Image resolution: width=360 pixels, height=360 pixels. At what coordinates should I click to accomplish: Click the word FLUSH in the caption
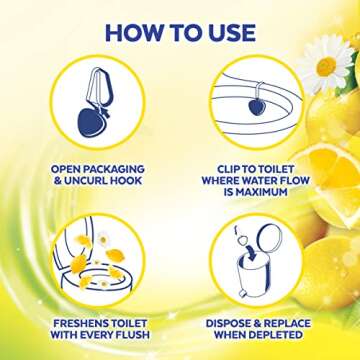tap(133, 335)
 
